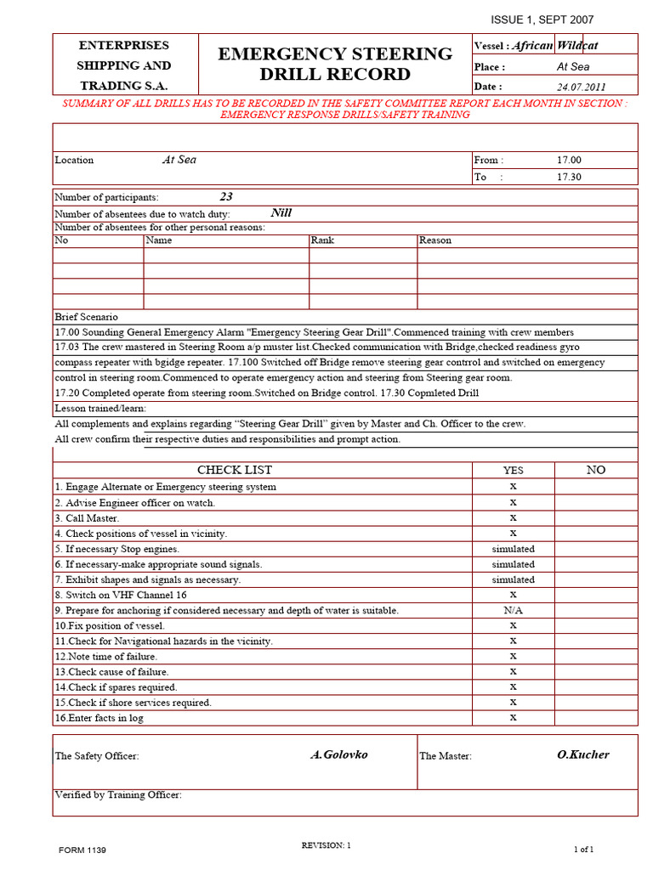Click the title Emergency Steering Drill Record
point(335,64)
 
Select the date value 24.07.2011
point(582,87)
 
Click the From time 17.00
point(569,160)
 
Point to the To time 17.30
point(569,177)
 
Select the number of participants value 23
point(226,196)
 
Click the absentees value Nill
point(281,213)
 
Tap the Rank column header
point(322,240)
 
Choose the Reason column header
point(435,240)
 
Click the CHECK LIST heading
point(235,470)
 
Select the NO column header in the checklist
point(595,470)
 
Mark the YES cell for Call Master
point(513,517)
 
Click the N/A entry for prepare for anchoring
point(513,610)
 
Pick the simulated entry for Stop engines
point(513,549)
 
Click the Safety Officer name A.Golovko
point(339,754)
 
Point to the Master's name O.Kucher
point(582,754)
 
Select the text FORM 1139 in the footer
point(82,850)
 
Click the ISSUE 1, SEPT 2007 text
point(542,20)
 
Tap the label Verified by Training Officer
point(118,795)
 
